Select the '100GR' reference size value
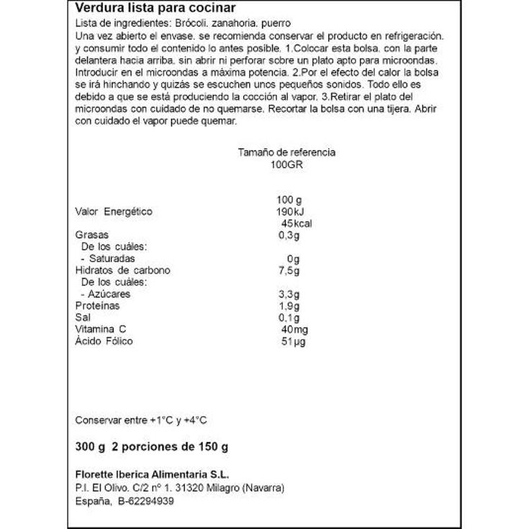[286, 164]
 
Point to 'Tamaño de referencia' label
[286, 153]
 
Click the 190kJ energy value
[291, 212]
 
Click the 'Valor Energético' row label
[114, 212]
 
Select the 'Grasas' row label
[91, 235]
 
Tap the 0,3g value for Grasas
[288, 235]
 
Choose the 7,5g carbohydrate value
[288, 270]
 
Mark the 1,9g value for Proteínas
[288, 305]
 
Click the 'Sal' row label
[82, 317]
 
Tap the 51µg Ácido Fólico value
[294, 340]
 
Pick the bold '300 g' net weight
[90, 446]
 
